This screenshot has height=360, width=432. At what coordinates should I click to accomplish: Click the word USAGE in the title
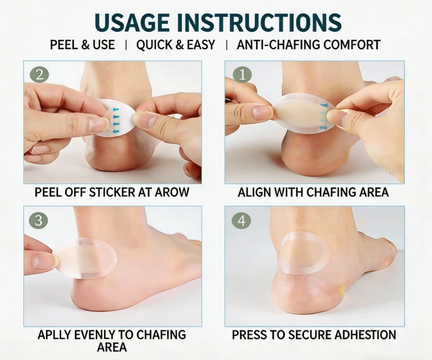[x=132, y=23]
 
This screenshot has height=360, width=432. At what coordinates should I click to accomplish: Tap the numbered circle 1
[x=242, y=75]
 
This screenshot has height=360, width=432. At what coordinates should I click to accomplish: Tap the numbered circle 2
[x=39, y=75]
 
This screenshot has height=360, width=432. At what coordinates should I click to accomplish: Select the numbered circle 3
[x=39, y=221]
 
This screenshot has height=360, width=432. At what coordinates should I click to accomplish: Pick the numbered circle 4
[x=241, y=221]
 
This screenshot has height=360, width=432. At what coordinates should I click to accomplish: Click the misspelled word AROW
[x=172, y=192]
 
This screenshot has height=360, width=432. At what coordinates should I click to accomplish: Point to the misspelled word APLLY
[x=54, y=335]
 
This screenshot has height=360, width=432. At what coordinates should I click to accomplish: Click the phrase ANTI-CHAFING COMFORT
[x=309, y=45]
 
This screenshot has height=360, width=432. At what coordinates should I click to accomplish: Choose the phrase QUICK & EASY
[x=176, y=45]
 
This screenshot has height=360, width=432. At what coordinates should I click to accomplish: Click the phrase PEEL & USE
[x=82, y=45]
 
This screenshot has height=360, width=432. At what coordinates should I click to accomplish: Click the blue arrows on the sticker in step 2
[x=116, y=120]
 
